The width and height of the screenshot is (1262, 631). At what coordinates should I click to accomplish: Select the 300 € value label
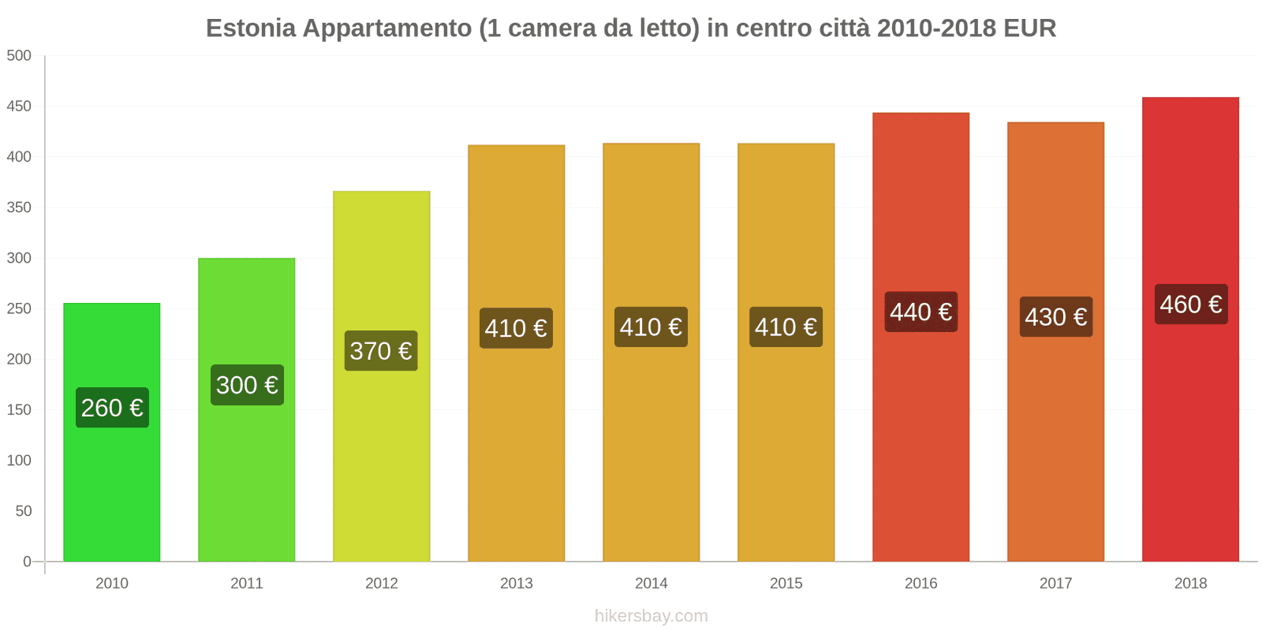click(x=247, y=385)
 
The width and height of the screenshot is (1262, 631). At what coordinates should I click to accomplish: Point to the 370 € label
click(x=381, y=351)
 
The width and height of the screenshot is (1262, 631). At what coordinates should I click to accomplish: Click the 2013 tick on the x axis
click(x=516, y=583)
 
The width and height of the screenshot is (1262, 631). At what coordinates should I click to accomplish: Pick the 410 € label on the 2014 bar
click(x=651, y=327)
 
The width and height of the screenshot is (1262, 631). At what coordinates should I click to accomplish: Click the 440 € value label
click(x=920, y=312)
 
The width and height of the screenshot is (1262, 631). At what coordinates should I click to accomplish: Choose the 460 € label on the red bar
click(x=1190, y=304)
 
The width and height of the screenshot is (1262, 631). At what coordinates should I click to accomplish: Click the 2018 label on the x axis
click(x=1190, y=583)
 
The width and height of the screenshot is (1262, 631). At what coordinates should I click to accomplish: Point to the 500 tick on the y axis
click(x=19, y=55)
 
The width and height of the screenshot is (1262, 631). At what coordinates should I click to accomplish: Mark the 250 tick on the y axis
click(x=19, y=308)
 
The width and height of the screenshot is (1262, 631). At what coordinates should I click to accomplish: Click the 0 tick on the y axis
click(x=27, y=562)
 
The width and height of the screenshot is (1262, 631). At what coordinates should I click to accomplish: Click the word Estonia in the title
click(x=251, y=28)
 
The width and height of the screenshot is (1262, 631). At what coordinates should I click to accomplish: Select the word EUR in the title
click(x=1029, y=28)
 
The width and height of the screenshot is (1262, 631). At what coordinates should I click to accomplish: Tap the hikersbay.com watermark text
click(x=651, y=616)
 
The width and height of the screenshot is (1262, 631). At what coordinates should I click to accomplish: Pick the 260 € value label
click(x=112, y=408)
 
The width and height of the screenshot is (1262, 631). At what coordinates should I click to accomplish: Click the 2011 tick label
click(x=246, y=583)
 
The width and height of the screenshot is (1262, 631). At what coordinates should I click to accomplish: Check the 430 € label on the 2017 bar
click(x=1055, y=317)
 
